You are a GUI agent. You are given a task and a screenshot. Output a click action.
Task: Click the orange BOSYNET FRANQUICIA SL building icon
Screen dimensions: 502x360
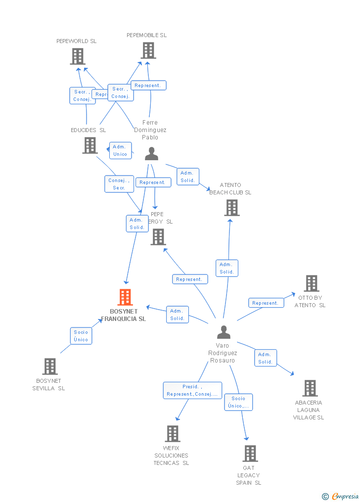pos(125,297)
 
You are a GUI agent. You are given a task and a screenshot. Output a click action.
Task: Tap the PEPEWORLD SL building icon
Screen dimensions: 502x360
pos(78,56)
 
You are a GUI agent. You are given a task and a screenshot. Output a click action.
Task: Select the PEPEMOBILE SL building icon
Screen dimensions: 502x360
pos(148,50)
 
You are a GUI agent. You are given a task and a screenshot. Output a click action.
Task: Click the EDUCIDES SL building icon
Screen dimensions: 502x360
pos(90,145)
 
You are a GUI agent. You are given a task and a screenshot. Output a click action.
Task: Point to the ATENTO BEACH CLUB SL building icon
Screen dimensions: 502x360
pos(231,208)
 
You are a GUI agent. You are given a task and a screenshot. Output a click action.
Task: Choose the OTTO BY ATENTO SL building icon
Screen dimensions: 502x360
pos(311,283)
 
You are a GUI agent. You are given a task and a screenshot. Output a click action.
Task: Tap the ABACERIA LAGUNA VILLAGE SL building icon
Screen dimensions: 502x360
pos(310,388)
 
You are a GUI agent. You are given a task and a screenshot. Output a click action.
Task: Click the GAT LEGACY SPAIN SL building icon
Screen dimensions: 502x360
pos(250,454)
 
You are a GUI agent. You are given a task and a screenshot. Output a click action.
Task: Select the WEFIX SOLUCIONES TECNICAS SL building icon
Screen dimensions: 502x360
pos(172,434)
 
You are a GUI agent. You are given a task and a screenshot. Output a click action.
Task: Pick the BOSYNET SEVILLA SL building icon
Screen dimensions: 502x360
pos(49,366)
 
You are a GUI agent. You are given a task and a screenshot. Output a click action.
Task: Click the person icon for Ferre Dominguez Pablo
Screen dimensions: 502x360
pos(151,154)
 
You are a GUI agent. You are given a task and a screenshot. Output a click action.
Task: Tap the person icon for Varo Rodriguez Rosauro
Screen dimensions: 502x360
pos(224,332)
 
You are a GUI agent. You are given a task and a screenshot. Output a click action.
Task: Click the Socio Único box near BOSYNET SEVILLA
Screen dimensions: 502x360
pos(81,336)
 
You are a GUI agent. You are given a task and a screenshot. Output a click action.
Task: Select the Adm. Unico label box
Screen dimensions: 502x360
pos(120,150)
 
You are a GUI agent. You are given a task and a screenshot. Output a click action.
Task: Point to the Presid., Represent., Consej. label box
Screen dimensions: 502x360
pos(192,390)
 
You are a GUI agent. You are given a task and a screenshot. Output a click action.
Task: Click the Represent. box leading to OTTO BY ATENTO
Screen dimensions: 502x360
pos(266,303)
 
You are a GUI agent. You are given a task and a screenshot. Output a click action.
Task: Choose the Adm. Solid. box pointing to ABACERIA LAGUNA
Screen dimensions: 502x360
pos(265,358)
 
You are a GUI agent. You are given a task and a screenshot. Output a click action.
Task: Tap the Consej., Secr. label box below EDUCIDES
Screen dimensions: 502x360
pos(119,184)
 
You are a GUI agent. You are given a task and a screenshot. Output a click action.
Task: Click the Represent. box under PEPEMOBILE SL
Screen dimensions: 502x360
pos(148,86)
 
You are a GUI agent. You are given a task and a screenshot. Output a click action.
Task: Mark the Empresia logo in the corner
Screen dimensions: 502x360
pos(341,496)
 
